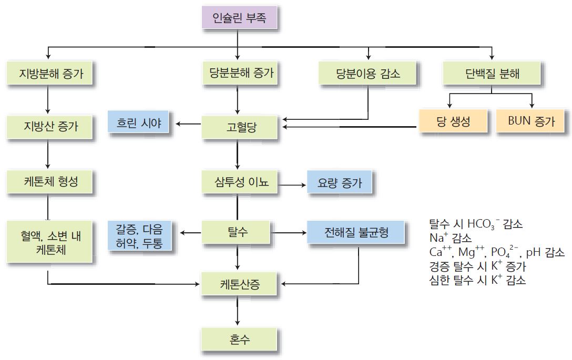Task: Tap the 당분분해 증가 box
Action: coord(239,74)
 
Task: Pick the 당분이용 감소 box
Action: coord(368,74)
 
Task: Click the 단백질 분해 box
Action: coord(492,74)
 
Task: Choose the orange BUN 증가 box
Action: coord(532,121)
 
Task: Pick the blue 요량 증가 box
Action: coord(341,184)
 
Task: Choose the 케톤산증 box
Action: coord(239,285)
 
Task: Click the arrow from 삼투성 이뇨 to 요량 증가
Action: coord(292,185)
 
